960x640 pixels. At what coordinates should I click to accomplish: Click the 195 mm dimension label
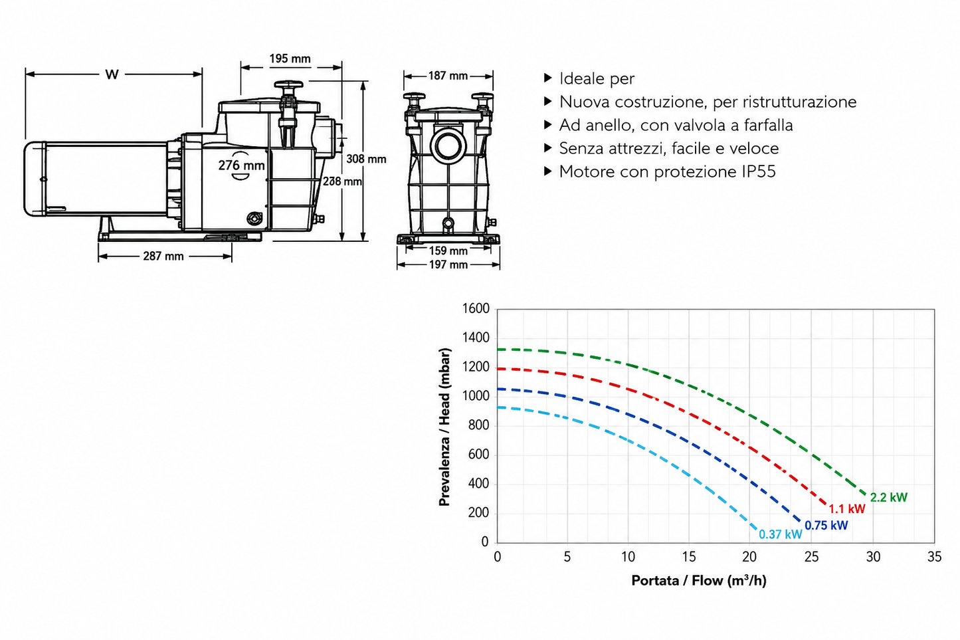point(290,58)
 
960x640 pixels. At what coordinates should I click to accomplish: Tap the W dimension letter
point(112,74)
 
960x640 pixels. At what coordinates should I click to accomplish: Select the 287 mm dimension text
point(163,257)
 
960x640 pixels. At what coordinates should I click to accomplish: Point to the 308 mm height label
point(366,159)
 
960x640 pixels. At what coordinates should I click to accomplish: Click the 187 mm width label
point(448,76)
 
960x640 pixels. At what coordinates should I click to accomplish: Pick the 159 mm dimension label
point(448,251)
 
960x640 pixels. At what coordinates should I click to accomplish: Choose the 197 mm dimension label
point(448,265)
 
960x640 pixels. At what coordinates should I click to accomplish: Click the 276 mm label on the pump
point(241,165)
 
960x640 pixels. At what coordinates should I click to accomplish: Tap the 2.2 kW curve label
point(888,497)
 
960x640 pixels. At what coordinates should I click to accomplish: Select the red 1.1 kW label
point(847,509)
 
